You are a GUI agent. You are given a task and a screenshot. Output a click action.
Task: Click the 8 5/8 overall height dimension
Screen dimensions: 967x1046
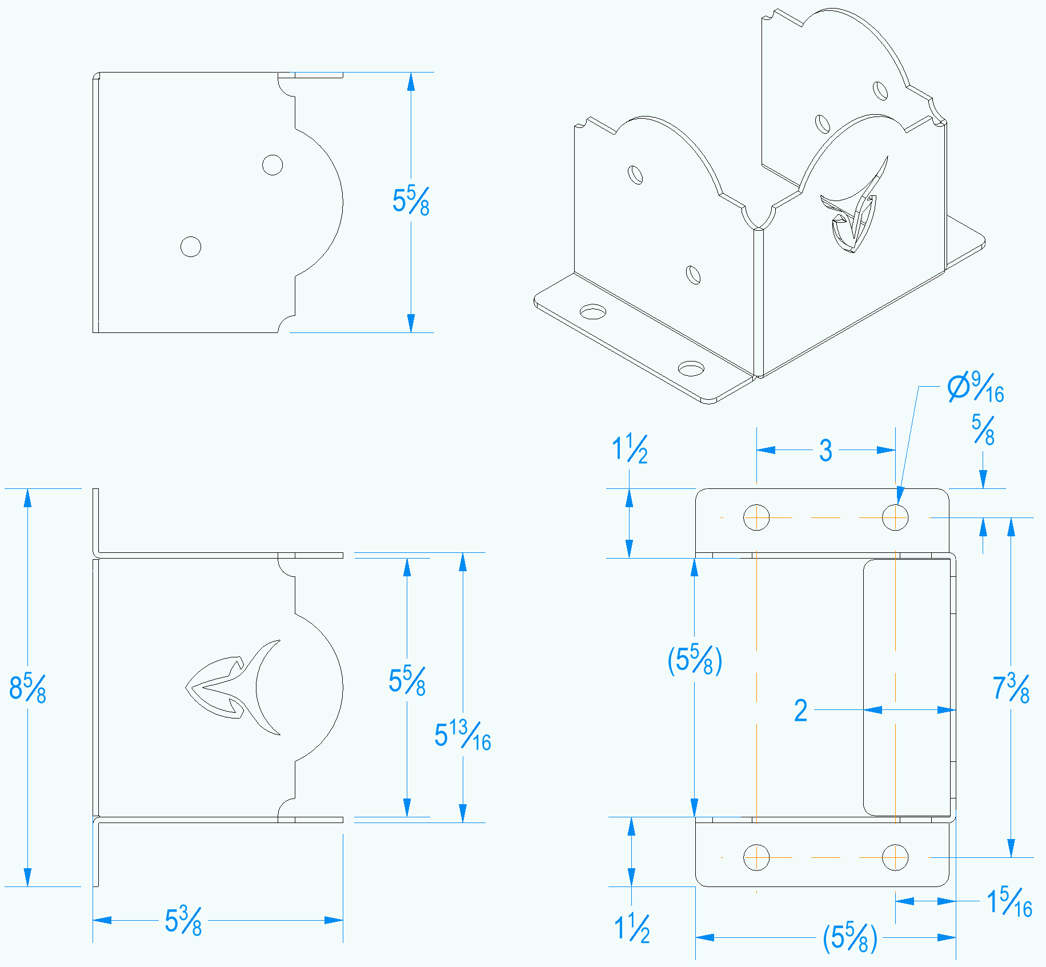(27, 688)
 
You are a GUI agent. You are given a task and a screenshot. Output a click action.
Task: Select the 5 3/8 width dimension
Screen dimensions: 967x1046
(183, 920)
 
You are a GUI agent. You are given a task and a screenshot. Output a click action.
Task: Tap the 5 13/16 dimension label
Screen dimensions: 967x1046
(462, 736)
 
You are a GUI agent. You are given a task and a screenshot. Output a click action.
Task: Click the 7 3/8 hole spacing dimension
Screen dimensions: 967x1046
(1011, 688)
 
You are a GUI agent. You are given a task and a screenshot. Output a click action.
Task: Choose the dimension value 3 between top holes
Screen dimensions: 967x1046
(825, 451)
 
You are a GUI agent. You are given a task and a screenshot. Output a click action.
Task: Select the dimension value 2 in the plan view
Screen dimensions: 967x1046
(801, 711)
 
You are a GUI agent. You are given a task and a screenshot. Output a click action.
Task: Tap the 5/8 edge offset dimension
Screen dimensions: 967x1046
(983, 430)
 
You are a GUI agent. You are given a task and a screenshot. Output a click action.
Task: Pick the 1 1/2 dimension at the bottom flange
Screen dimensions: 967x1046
(632, 928)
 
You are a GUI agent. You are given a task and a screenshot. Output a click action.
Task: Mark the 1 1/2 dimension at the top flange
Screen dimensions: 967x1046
(630, 449)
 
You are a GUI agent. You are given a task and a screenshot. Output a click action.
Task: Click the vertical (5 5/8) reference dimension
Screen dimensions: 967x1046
(694, 660)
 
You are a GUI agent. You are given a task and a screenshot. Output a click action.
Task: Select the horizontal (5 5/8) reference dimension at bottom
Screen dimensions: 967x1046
(849, 937)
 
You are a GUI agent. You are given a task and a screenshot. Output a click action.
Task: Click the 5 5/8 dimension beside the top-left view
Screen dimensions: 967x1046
(411, 201)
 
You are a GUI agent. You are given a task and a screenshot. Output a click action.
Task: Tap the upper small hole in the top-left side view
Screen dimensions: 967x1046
(272, 165)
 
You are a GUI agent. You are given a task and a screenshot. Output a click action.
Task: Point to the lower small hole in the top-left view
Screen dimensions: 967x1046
(191, 247)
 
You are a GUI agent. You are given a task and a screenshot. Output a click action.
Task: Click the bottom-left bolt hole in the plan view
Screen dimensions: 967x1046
(756, 857)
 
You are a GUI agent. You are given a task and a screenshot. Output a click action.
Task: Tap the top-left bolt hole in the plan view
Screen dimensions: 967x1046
(756, 517)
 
